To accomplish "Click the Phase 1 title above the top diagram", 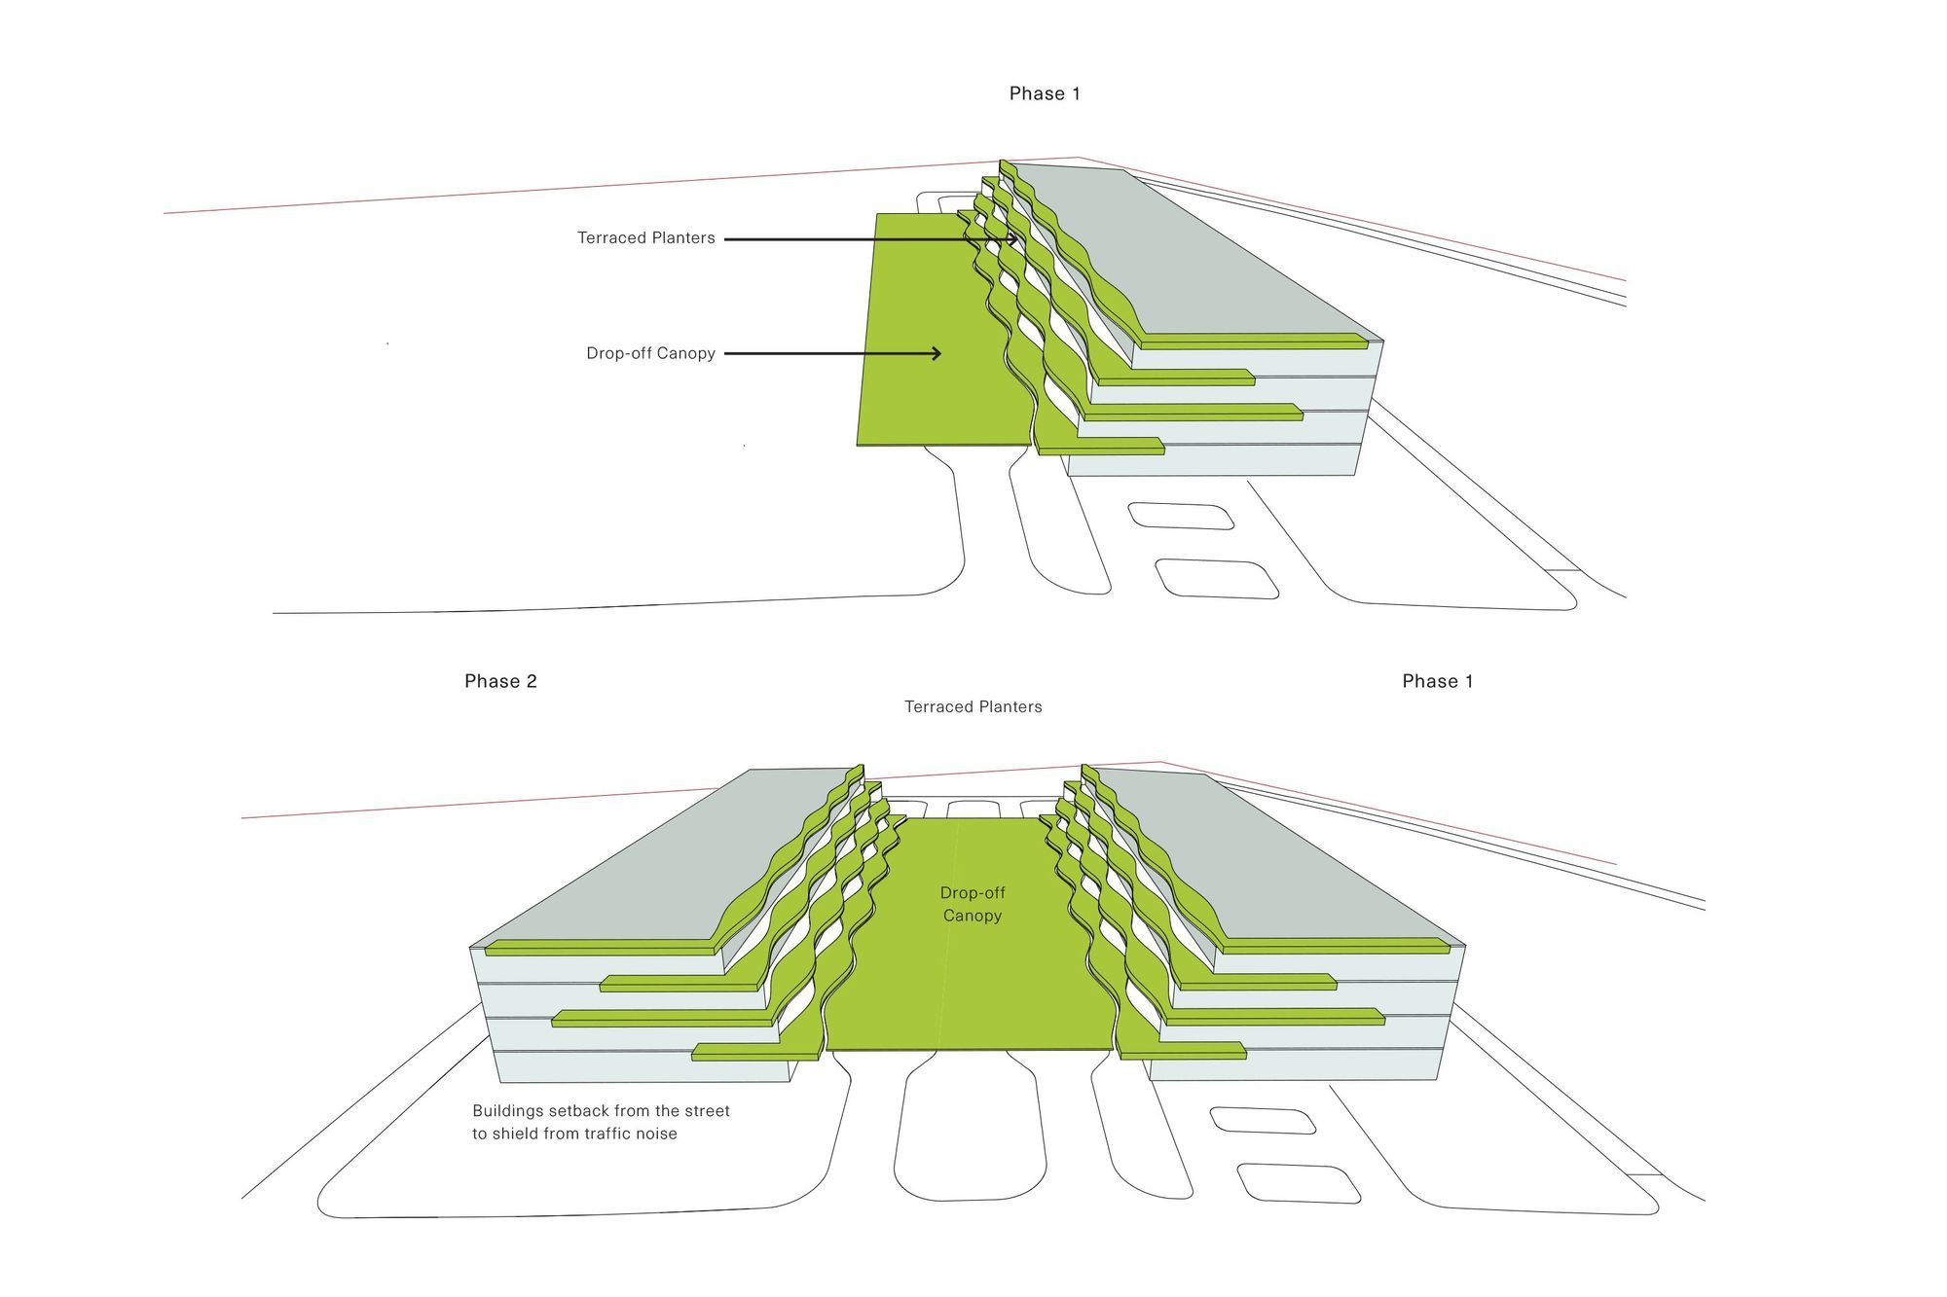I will pyautogui.click(x=1045, y=93).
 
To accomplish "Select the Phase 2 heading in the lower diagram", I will pyautogui.click(x=500, y=681).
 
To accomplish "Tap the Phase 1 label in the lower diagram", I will pyautogui.click(x=1437, y=681).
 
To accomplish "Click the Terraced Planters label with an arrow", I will pyautogui.click(x=645, y=237).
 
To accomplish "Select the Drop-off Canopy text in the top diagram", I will pyautogui.click(x=650, y=353).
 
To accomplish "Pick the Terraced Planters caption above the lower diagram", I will pyautogui.click(x=973, y=706).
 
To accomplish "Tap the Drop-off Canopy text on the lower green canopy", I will pyautogui.click(x=973, y=904).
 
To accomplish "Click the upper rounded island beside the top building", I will pyautogui.click(x=1181, y=516).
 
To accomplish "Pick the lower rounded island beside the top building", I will pyautogui.click(x=1217, y=579).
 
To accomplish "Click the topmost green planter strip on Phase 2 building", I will pyautogui.click(x=604, y=947).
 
